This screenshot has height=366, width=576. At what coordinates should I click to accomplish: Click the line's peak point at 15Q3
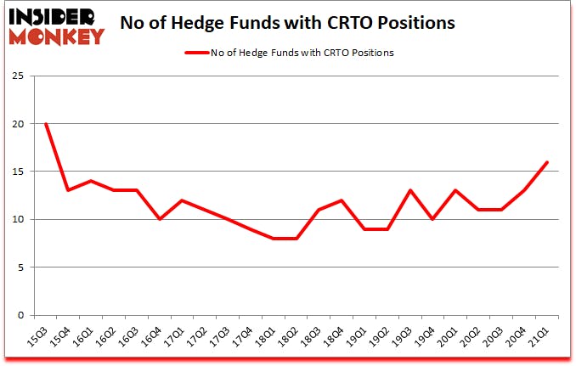tap(46, 124)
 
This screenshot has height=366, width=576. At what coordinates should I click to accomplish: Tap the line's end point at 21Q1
tap(548, 162)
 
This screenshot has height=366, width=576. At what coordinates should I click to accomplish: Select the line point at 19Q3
tap(411, 190)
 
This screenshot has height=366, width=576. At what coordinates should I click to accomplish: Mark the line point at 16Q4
tap(160, 219)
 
